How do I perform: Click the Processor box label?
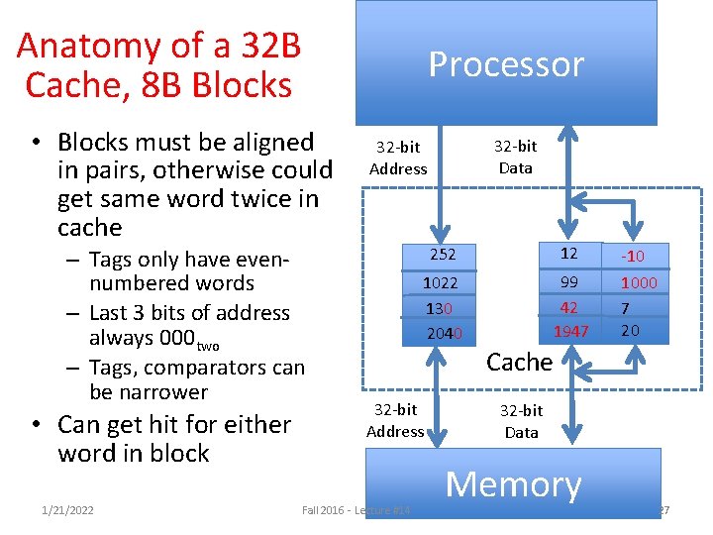(x=506, y=64)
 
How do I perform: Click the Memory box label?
(x=513, y=484)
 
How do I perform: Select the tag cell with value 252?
(x=442, y=255)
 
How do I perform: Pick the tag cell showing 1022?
(x=440, y=282)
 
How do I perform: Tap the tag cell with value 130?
(x=440, y=308)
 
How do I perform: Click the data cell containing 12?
(x=566, y=254)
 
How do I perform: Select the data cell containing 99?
(x=568, y=282)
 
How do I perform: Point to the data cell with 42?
(x=568, y=307)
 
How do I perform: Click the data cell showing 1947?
(x=570, y=331)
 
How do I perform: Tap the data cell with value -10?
(x=632, y=256)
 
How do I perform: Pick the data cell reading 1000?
(x=639, y=282)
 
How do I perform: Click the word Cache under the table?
(x=519, y=363)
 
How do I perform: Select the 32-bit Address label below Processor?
(x=398, y=159)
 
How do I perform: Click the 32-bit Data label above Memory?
(x=521, y=421)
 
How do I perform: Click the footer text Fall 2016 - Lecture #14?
(x=356, y=510)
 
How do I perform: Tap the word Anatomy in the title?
(x=78, y=46)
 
